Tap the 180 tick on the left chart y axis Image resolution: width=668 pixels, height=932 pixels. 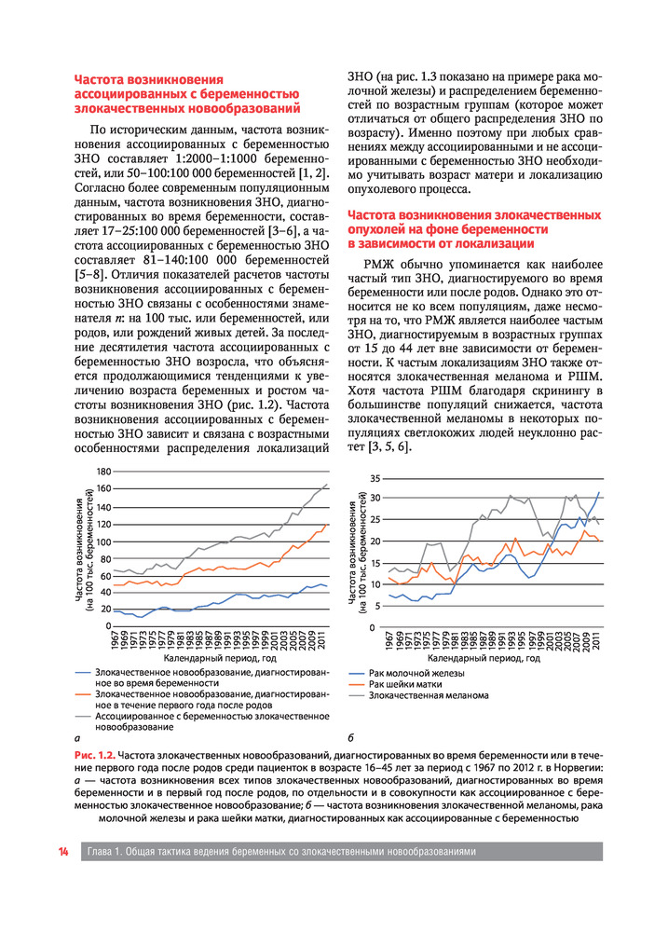(102, 472)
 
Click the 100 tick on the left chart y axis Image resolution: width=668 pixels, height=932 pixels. (102, 541)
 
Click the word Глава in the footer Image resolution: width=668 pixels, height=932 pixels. (103, 852)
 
